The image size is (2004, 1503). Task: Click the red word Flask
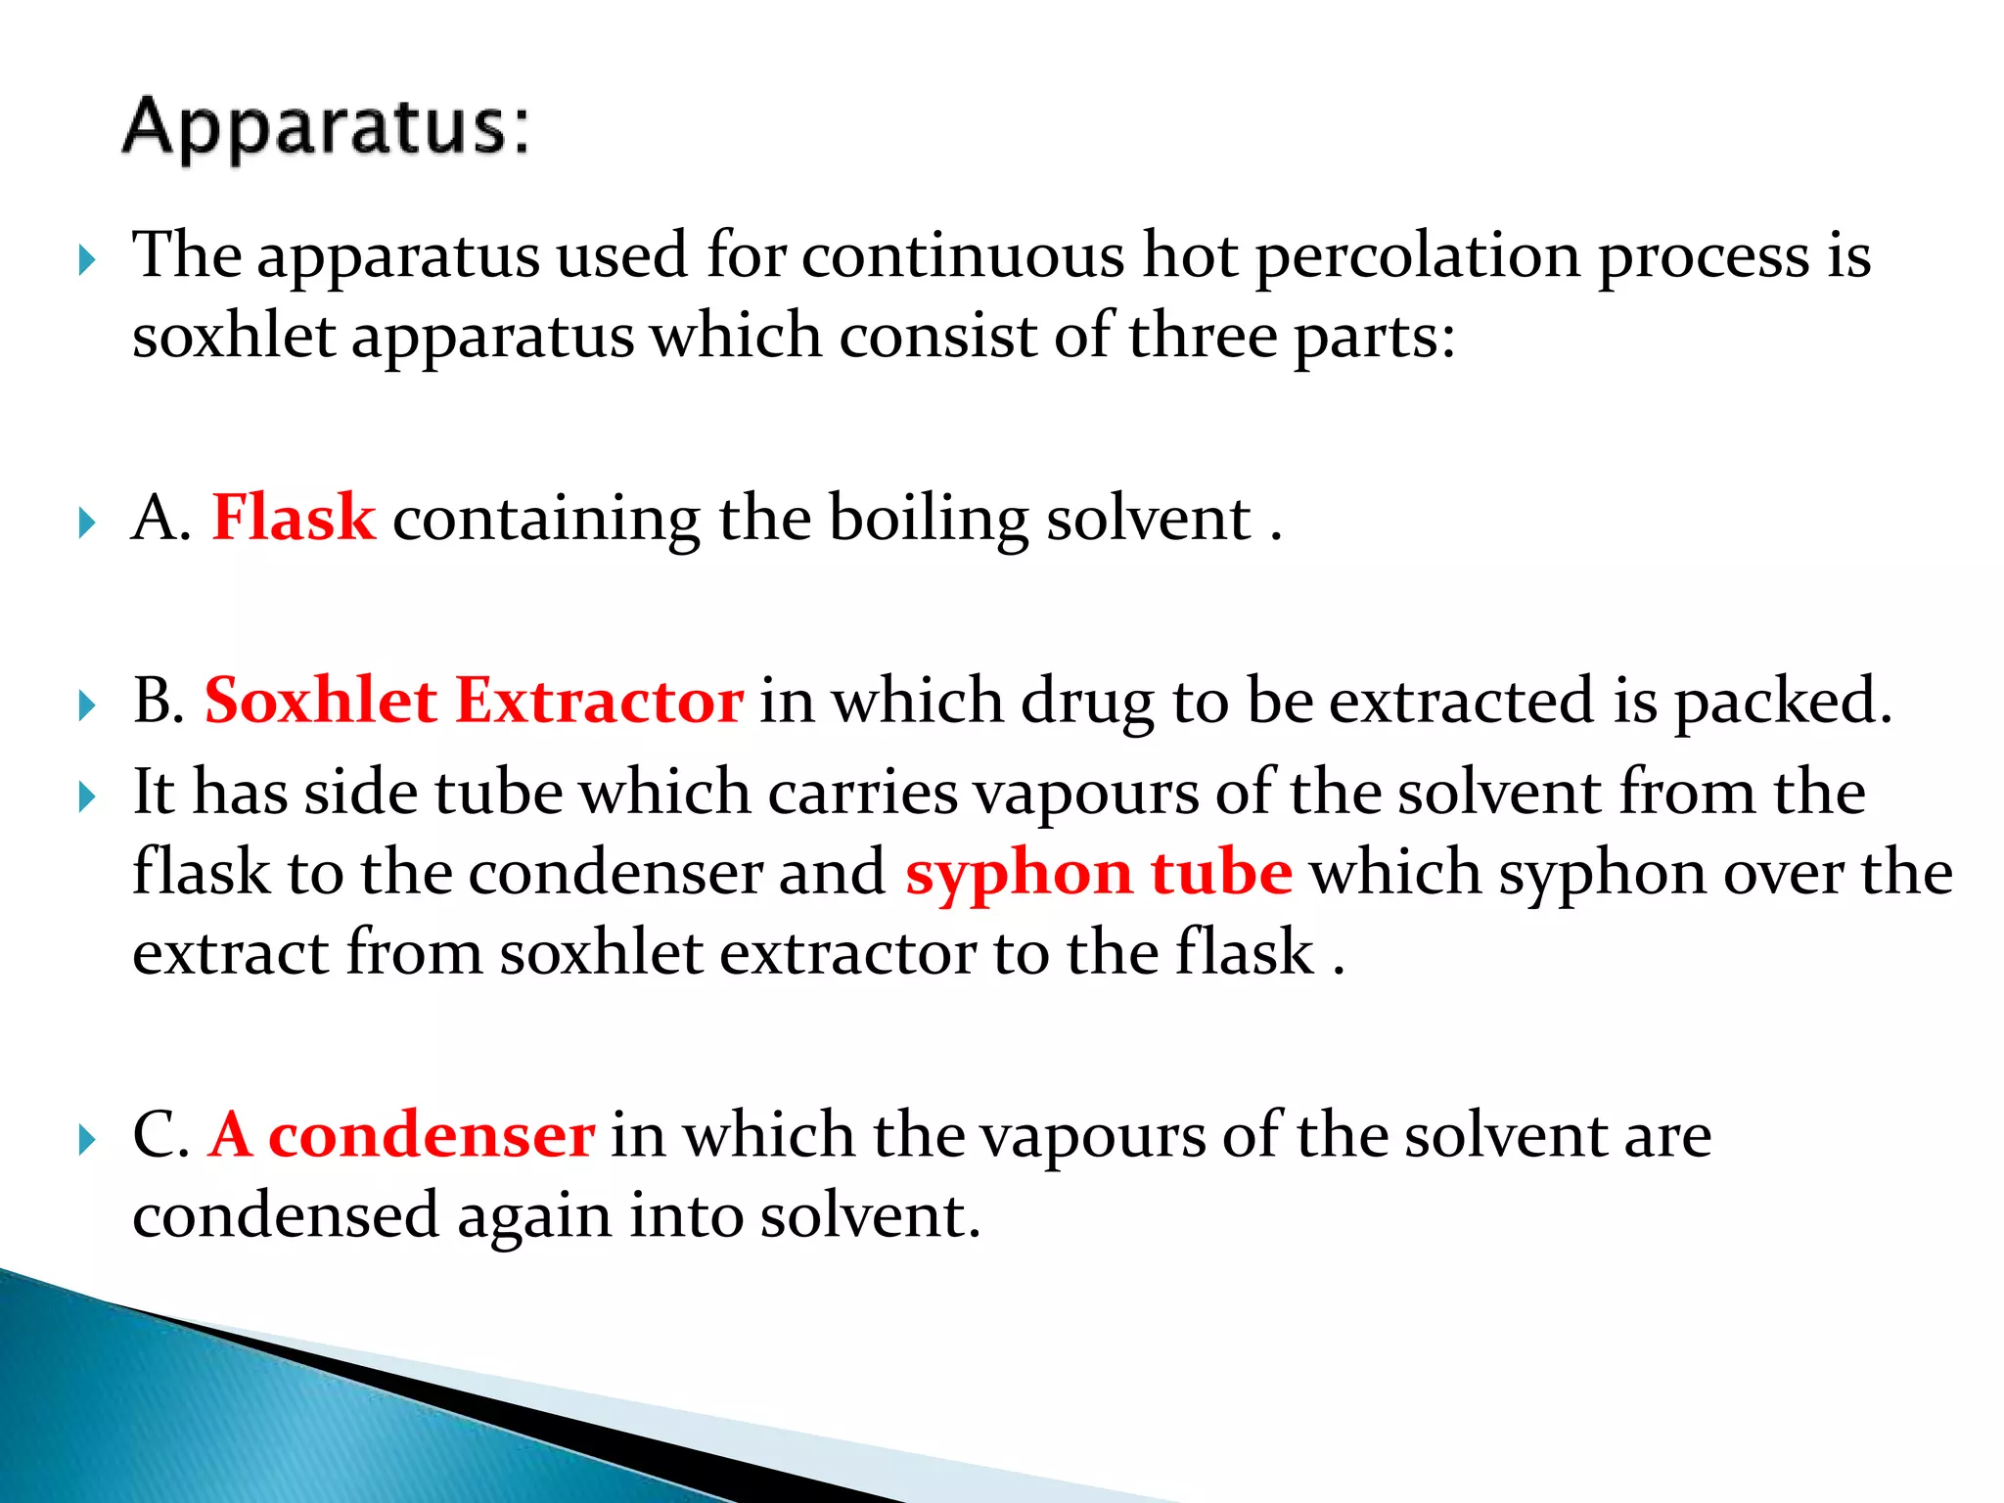coord(294,518)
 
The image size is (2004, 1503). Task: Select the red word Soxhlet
coord(320,701)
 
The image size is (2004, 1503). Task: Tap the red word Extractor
coord(599,701)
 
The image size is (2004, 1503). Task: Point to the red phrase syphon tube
coord(1098,873)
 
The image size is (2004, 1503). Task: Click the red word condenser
coord(431,1135)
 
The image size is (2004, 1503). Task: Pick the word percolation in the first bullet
coord(1418,256)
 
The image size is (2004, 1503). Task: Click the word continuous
coord(963,256)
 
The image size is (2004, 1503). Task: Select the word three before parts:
coord(1203,337)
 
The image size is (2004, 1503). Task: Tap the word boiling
coord(929,520)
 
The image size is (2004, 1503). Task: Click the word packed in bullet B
coord(1782,703)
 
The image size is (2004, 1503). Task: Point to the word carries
coord(862,792)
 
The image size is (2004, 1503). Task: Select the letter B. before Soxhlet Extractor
coord(159,701)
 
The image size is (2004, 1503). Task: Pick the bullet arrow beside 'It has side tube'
coord(87,797)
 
